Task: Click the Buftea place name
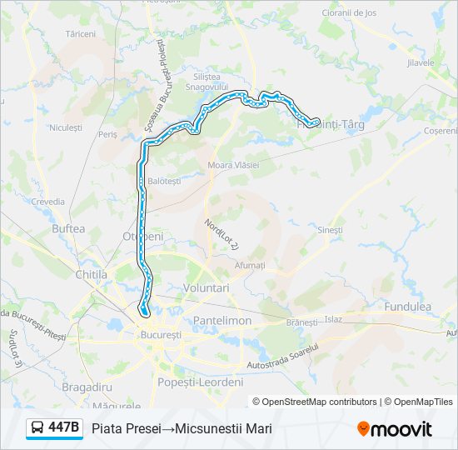coord(68,227)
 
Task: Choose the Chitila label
coord(92,273)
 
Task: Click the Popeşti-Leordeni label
coord(200,382)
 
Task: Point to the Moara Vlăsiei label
coord(233,165)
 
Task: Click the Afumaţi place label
coord(249,265)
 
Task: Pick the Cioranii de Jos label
coord(349,12)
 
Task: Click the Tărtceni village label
coord(81,34)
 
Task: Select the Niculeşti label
coord(66,127)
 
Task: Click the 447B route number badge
coord(64,428)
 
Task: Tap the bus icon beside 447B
coord(38,428)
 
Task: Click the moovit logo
coord(394,429)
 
